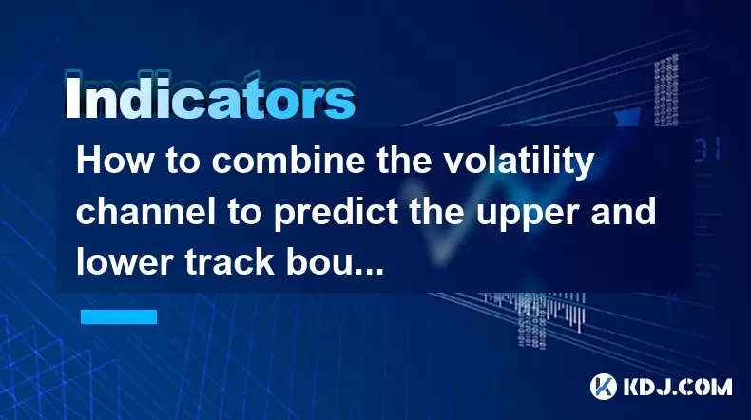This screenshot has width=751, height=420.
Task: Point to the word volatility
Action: pos(519,162)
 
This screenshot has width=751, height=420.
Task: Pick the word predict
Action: pos(336,214)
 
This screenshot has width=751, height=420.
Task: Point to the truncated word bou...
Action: pos(335,262)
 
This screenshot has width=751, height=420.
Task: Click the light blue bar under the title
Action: pos(119,316)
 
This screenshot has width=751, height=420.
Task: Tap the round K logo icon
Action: pos(604,387)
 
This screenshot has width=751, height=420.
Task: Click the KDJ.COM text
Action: pos(678,387)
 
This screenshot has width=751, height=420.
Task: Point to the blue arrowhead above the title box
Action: pos(626,117)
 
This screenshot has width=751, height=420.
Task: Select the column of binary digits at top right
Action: pos(666,90)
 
